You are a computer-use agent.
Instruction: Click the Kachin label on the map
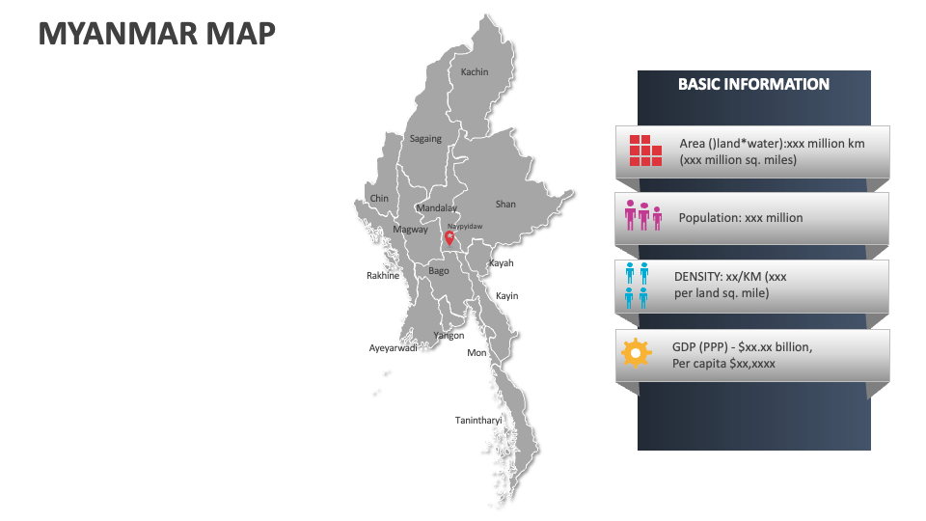pyautogui.click(x=475, y=72)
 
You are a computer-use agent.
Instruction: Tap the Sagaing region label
pyautogui.click(x=425, y=139)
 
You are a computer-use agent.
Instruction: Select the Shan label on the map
pyautogui.click(x=505, y=205)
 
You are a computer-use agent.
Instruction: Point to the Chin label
pyautogui.click(x=379, y=199)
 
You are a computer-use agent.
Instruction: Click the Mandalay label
pyautogui.click(x=436, y=208)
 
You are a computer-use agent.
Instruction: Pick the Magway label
pyautogui.click(x=410, y=230)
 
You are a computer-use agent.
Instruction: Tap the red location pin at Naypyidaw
pyautogui.click(x=449, y=236)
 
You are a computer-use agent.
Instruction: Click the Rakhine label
pyautogui.click(x=383, y=276)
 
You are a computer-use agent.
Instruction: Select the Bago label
pyautogui.click(x=439, y=271)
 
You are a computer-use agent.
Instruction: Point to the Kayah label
pyautogui.click(x=501, y=263)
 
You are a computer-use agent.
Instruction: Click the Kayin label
pyautogui.click(x=506, y=296)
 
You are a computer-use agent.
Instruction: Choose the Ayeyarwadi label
pyautogui.click(x=394, y=348)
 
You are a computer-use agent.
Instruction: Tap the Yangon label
pyautogui.click(x=449, y=336)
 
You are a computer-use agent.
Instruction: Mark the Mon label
pyautogui.click(x=477, y=353)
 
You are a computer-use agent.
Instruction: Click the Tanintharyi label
pyautogui.click(x=478, y=421)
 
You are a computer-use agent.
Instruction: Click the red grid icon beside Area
pyautogui.click(x=645, y=151)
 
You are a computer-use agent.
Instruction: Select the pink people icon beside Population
pyautogui.click(x=643, y=216)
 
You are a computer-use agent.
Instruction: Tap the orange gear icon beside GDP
pyautogui.click(x=636, y=352)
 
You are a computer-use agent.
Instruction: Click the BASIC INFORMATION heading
pyautogui.click(x=753, y=85)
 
